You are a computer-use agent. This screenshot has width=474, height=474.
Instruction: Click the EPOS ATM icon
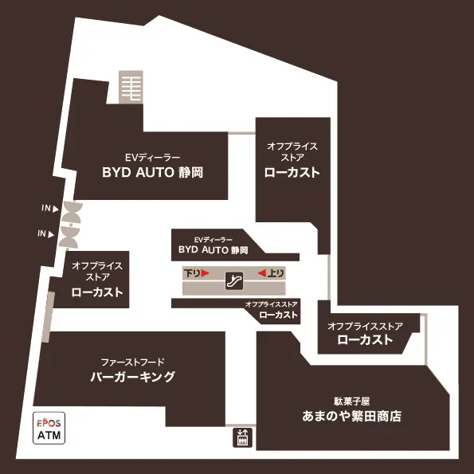[x=49, y=428]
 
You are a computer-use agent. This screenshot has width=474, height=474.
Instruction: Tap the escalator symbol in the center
[x=234, y=281]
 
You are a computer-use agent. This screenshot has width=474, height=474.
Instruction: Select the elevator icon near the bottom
[x=242, y=437]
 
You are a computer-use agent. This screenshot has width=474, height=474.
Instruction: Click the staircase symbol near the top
[x=131, y=87]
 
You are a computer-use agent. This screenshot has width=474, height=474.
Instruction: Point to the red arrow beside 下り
[x=206, y=273]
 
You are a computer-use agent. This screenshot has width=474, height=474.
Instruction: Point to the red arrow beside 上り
[x=262, y=273]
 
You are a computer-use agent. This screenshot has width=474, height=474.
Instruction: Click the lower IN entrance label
[x=46, y=233]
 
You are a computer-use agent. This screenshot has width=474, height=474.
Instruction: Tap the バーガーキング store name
[x=133, y=377]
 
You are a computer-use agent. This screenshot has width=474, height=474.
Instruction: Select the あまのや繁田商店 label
[x=351, y=417]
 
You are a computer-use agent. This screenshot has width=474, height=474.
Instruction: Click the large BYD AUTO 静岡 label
[x=152, y=172]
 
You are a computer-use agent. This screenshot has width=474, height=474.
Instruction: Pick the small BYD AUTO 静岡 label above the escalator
[x=213, y=249]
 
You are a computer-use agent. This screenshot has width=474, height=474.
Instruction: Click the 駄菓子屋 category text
[x=352, y=402]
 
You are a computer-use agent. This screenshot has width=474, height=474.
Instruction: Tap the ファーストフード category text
[x=133, y=362]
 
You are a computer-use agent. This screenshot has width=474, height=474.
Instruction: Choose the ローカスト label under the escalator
[x=278, y=315]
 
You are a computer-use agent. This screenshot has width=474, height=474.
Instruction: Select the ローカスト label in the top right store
[x=292, y=172]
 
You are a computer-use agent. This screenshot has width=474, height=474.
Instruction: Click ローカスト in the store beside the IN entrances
[x=97, y=292]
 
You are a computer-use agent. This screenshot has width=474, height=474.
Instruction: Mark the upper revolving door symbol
[x=72, y=212]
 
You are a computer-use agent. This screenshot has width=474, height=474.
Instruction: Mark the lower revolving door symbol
[x=69, y=237]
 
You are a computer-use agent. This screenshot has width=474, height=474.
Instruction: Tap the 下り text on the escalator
[x=192, y=273]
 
